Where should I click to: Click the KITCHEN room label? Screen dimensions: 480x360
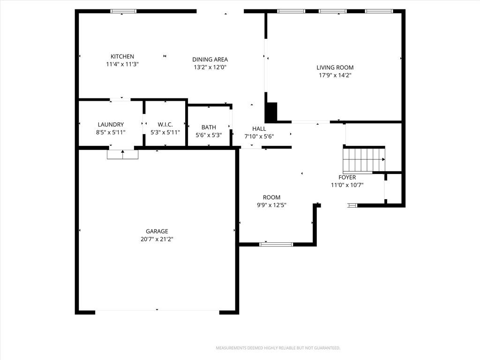click(x=122, y=56)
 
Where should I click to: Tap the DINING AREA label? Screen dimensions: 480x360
click(x=210, y=60)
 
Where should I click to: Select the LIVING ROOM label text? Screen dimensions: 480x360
click(x=335, y=67)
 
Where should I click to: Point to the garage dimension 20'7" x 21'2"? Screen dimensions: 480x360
click(x=157, y=239)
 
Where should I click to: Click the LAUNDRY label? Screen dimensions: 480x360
click(x=111, y=124)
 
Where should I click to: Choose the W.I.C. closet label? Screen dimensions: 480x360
click(x=165, y=124)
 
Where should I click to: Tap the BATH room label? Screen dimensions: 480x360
click(x=209, y=127)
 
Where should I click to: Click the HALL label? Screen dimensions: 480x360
click(x=259, y=128)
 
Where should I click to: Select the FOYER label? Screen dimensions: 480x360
click(x=347, y=177)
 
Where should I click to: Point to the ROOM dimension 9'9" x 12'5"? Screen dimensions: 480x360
click(x=271, y=205)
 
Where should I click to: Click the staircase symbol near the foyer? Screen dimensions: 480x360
click(x=364, y=160)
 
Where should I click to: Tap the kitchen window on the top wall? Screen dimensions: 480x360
click(x=123, y=11)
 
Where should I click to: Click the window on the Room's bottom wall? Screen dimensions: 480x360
click(x=276, y=244)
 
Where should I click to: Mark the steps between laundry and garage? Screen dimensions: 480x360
click(x=122, y=155)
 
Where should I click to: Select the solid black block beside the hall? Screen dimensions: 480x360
click(x=271, y=112)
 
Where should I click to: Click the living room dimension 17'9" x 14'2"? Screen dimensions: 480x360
click(x=335, y=75)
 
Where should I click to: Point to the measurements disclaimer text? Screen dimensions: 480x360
click(x=278, y=348)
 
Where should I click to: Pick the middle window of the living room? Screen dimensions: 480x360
click(x=333, y=11)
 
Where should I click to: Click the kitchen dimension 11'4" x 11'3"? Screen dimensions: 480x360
click(x=122, y=64)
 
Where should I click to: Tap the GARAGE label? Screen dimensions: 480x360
click(x=157, y=231)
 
